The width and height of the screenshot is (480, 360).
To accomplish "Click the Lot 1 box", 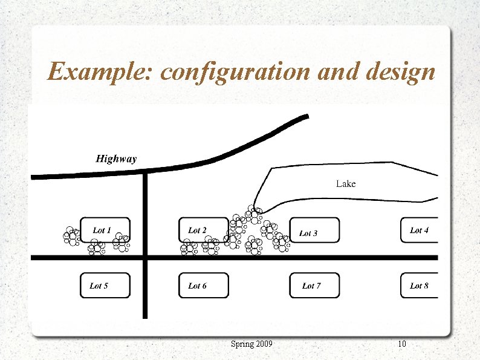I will coord(105,230).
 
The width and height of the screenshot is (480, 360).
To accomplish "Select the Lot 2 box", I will coord(204,230).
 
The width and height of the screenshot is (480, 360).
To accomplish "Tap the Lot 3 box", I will coord(314,230).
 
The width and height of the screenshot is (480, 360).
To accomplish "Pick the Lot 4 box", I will coord(419,230).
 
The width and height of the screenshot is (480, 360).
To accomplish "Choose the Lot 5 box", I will coord(105,285).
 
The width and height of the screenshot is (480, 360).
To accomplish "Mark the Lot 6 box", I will coord(204,285).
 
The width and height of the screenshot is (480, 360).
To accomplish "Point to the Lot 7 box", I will coord(314,285).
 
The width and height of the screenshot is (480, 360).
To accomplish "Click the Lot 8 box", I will coord(419,285).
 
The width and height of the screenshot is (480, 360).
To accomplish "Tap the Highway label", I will coord(116,159).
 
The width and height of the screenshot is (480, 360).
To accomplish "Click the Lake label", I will coord(346,183).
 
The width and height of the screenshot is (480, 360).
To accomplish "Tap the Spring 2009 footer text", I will coord(251,344).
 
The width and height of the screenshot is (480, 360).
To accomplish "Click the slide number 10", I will coord(402,344).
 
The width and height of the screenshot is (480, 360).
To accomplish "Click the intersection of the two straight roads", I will coord(145,258).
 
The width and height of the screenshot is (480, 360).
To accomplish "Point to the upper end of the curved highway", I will coord(307,116).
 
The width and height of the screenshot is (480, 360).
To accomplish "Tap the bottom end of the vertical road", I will coord(145,316).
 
